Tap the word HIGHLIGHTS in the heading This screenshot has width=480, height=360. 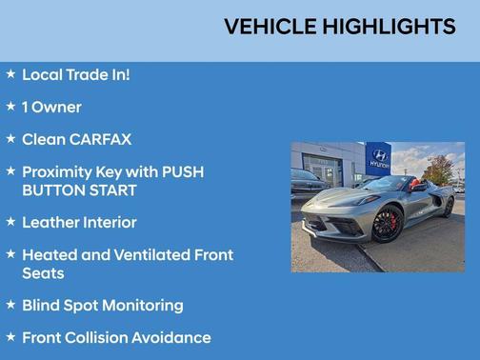(x=390, y=27)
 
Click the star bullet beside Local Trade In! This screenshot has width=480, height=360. (x=10, y=73)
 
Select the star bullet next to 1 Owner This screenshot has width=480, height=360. (x=10, y=106)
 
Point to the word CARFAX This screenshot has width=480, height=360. (x=100, y=139)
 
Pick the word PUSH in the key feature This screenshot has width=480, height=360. (x=182, y=172)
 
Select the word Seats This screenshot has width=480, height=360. (x=43, y=272)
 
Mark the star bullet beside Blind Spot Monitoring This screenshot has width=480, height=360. (x=10, y=305)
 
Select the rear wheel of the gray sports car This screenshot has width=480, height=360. (x=448, y=207)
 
